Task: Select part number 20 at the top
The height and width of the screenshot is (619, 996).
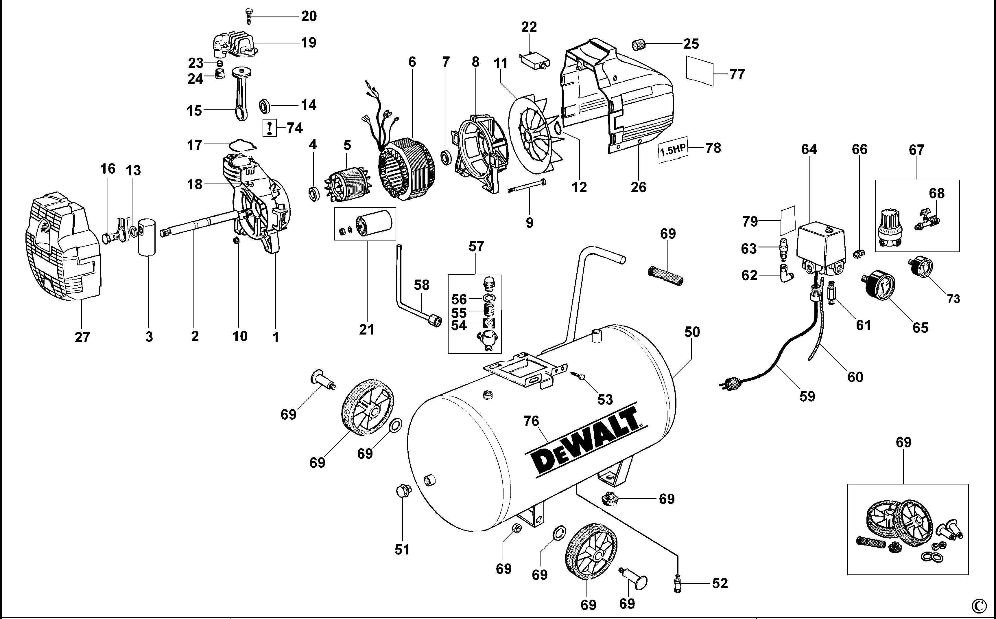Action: [309, 16]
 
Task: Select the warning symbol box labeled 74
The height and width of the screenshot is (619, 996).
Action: [270, 127]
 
